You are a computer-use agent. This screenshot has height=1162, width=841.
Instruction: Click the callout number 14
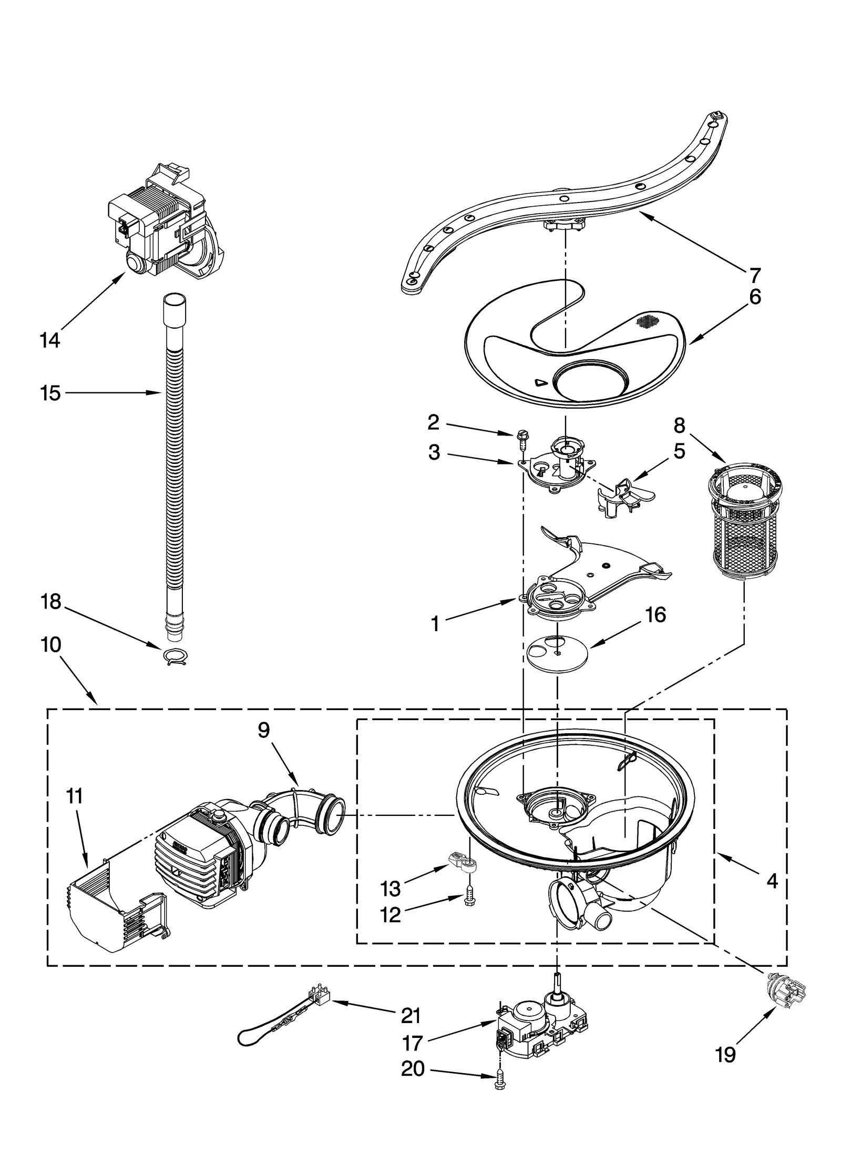(50, 341)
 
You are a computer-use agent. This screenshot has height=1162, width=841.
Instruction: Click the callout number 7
(754, 275)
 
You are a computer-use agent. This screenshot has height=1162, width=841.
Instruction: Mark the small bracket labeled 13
(463, 861)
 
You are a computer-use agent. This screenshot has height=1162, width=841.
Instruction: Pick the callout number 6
(754, 297)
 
